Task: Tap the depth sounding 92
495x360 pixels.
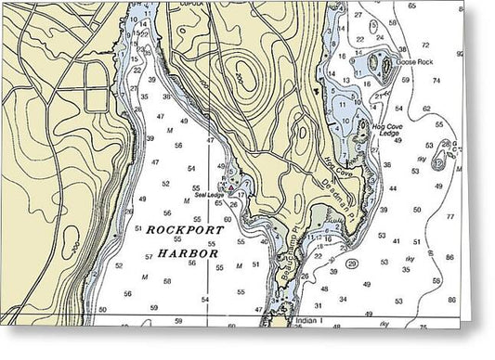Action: click(x=486, y=55)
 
